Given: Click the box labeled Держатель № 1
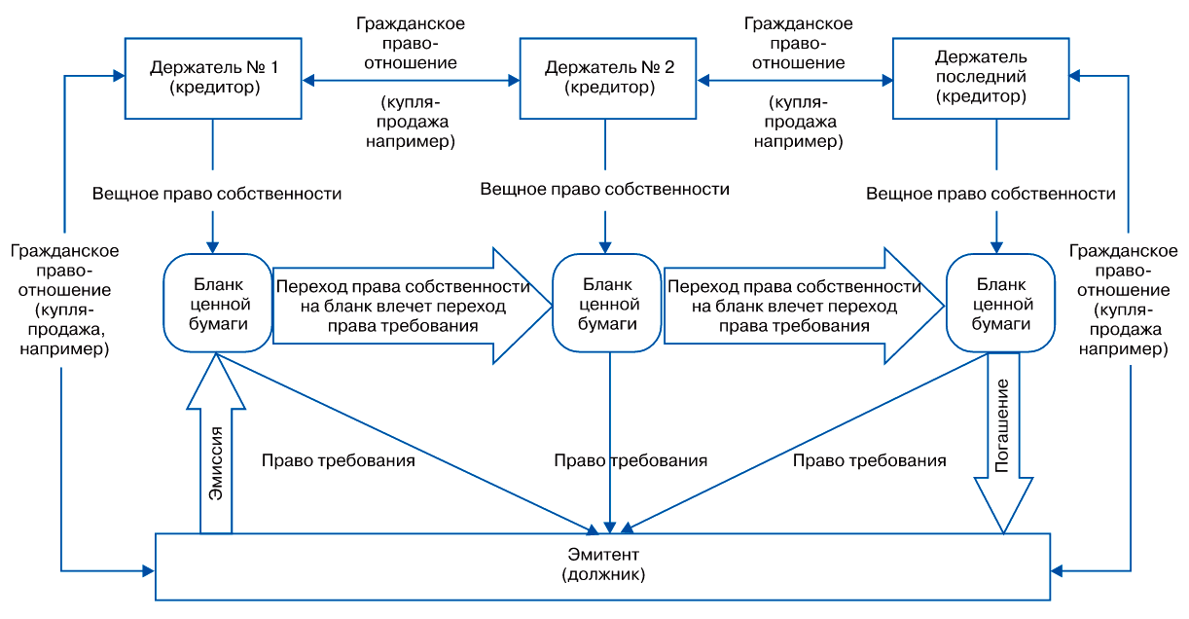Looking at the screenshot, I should [x=214, y=79].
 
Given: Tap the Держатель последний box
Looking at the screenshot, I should [x=993, y=79].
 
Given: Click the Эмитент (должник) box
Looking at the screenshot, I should [x=603, y=565].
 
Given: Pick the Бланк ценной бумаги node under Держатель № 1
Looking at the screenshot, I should [x=216, y=303].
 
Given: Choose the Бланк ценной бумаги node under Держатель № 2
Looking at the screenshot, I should [x=608, y=303].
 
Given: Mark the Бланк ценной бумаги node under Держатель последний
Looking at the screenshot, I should [x=999, y=303].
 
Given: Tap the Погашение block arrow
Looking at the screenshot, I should [x=1002, y=448].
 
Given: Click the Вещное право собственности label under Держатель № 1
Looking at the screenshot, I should [x=217, y=194].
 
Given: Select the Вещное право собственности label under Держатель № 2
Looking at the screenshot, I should [x=605, y=189].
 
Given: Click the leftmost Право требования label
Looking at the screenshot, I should [x=339, y=460].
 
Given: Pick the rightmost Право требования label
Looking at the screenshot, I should [x=869, y=460].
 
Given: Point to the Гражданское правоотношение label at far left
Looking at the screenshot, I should [x=65, y=299].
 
